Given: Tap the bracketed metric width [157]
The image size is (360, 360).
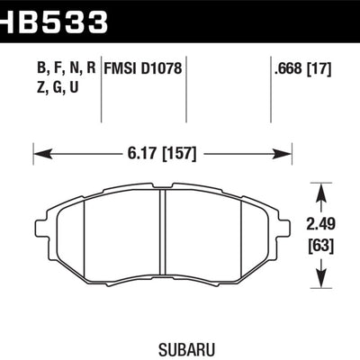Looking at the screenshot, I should [x=179, y=154].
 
